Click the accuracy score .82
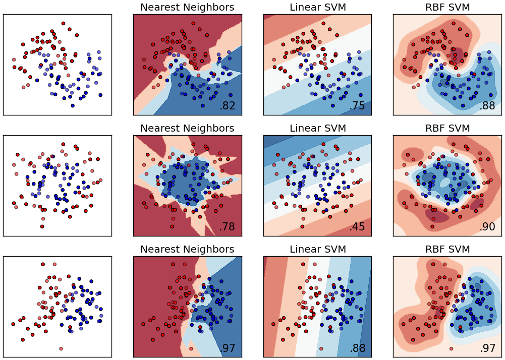point(227,106)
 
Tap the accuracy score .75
point(357,106)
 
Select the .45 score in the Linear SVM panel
point(357,227)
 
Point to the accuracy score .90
point(487,227)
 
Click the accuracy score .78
point(227,227)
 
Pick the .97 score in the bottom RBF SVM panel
point(487,348)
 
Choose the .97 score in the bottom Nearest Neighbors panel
point(227,348)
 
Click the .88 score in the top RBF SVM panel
point(487,106)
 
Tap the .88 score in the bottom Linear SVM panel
point(357,348)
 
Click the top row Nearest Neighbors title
point(187,8)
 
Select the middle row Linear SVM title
point(317,128)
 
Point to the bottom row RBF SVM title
point(447,249)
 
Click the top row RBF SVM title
point(447,8)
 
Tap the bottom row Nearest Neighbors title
point(187,249)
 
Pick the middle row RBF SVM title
point(447,128)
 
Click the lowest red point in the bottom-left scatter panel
point(61,348)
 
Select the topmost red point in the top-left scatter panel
point(63,23)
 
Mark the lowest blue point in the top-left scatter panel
point(73,105)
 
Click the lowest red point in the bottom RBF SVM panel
point(452,348)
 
